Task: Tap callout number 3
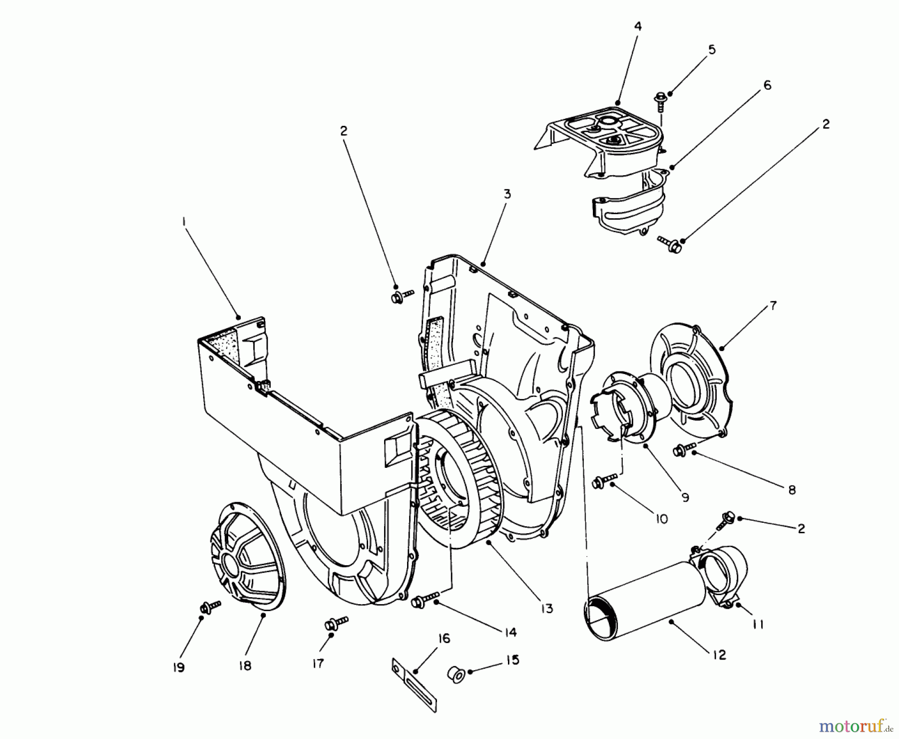(x=507, y=194)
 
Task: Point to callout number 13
(x=547, y=608)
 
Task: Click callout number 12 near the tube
(x=719, y=655)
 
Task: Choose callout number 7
(x=773, y=306)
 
